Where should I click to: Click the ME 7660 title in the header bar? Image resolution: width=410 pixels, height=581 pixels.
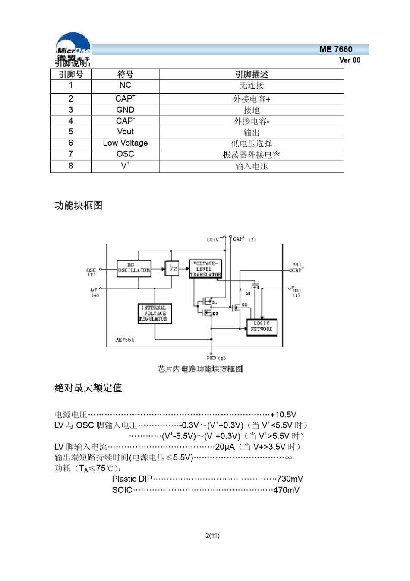click(336, 49)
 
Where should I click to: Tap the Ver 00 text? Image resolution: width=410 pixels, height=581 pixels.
click(350, 60)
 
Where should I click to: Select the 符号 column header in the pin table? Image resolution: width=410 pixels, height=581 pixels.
click(125, 74)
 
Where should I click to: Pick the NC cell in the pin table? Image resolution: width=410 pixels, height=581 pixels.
click(125, 85)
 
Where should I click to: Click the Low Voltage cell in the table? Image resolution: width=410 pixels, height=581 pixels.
click(125, 143)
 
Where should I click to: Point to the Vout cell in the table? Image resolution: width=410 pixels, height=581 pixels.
click(125, 132)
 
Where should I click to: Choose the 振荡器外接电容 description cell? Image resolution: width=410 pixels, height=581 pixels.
click(252, 155)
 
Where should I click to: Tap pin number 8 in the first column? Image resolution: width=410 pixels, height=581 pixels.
click(71, 166)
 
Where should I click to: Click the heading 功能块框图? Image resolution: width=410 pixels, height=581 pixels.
click(79, 205)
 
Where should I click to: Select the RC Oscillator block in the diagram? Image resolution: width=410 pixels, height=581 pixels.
click(134, 268)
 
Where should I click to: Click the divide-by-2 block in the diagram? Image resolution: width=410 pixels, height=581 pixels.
click(172, 268)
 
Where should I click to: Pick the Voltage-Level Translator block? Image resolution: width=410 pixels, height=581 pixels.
click(205, 269)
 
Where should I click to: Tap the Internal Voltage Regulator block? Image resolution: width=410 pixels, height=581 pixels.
click(155, 314)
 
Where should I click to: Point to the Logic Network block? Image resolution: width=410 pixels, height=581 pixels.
click(262, 327)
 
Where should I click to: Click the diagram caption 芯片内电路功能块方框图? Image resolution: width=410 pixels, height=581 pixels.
click(200, 368)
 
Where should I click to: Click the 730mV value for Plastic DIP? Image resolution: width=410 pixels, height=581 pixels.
click(290, 479)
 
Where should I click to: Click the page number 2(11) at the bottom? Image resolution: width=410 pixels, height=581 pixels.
click(212, 536)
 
